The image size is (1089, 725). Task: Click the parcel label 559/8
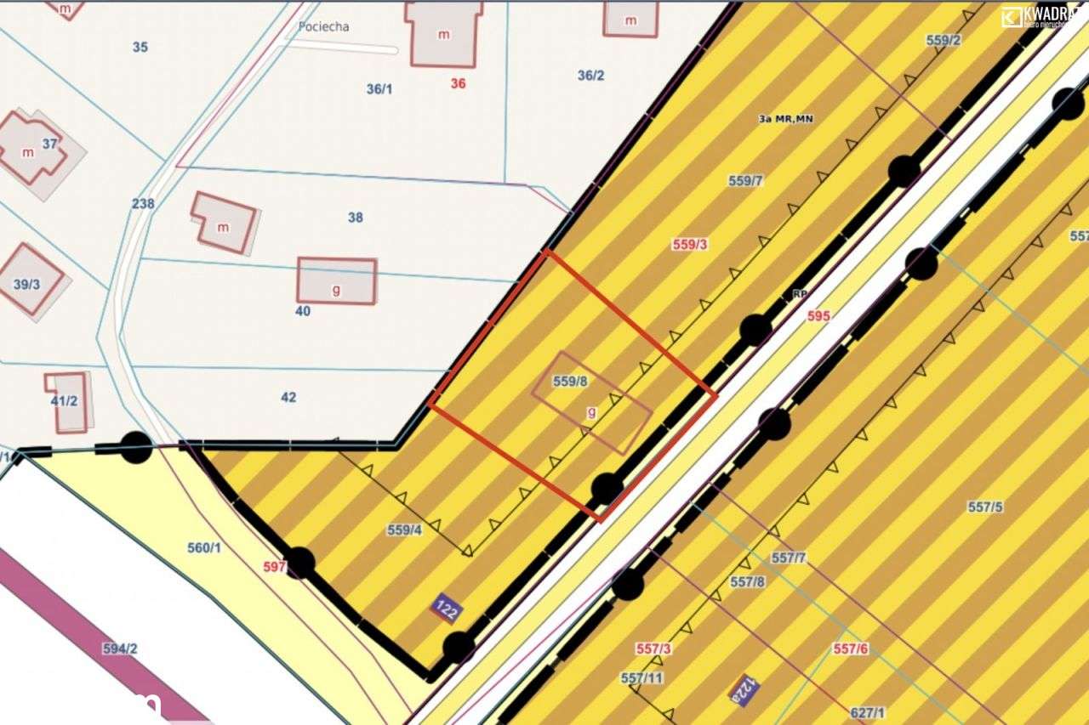[x=570, y=382]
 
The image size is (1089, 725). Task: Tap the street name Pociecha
[x=323, y=26]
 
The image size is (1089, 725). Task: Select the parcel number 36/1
[x=379, y=88]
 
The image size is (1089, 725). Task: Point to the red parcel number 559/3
[x=690, y=244]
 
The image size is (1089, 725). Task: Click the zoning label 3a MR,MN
[x=785, y=119]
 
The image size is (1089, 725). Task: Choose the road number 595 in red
[x=818, y=315]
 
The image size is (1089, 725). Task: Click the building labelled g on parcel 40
[x=336, y=280]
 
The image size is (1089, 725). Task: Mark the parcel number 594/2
[x=120, y=649]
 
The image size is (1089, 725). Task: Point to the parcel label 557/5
[x=985, y=507]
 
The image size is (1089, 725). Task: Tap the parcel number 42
[x=288, y=397]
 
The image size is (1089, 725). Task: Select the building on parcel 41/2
[x=66, y=401]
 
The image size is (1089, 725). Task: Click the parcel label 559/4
[x=404, y=530]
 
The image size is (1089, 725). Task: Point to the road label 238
[x=143, y=203]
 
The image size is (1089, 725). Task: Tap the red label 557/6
[x=851, y=649]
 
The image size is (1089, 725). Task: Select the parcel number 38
[x=356, y=218]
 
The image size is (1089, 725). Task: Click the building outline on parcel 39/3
[x=29, y=280]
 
